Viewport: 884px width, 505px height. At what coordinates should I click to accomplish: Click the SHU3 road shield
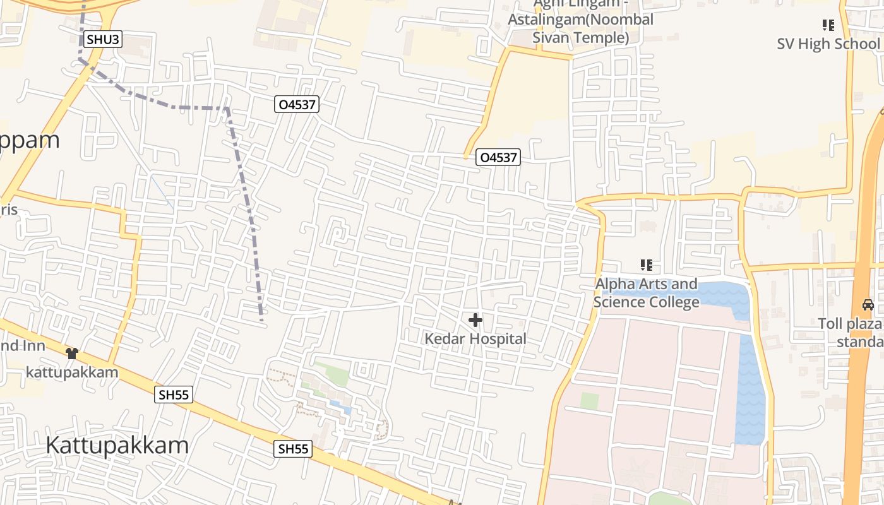(102, 40)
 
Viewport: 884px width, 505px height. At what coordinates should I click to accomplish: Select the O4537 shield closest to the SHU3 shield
(297, 104)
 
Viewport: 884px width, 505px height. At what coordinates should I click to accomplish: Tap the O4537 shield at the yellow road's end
(498, 157)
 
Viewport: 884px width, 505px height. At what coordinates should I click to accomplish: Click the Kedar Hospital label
(475, 339)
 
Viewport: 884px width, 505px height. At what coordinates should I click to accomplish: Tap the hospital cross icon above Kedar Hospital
(475, 320)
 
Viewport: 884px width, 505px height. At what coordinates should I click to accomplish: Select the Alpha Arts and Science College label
(647, 293)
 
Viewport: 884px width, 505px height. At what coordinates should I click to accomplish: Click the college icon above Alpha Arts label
(646, 265)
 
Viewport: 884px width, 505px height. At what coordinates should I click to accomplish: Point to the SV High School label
(828, 44)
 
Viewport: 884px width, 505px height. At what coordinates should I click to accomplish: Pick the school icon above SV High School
(828, 25)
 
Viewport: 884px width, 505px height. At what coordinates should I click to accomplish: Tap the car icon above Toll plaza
(868, 305)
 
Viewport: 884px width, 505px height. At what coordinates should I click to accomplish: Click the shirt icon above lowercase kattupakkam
(72, 353)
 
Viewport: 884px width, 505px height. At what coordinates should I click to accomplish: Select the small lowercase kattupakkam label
(72, 372)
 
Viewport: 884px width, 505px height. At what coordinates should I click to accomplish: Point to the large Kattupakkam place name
(117, 445)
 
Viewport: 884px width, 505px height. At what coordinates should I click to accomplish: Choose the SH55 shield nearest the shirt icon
(174, 395)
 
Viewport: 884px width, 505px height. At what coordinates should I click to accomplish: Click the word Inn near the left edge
(32, 345)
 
